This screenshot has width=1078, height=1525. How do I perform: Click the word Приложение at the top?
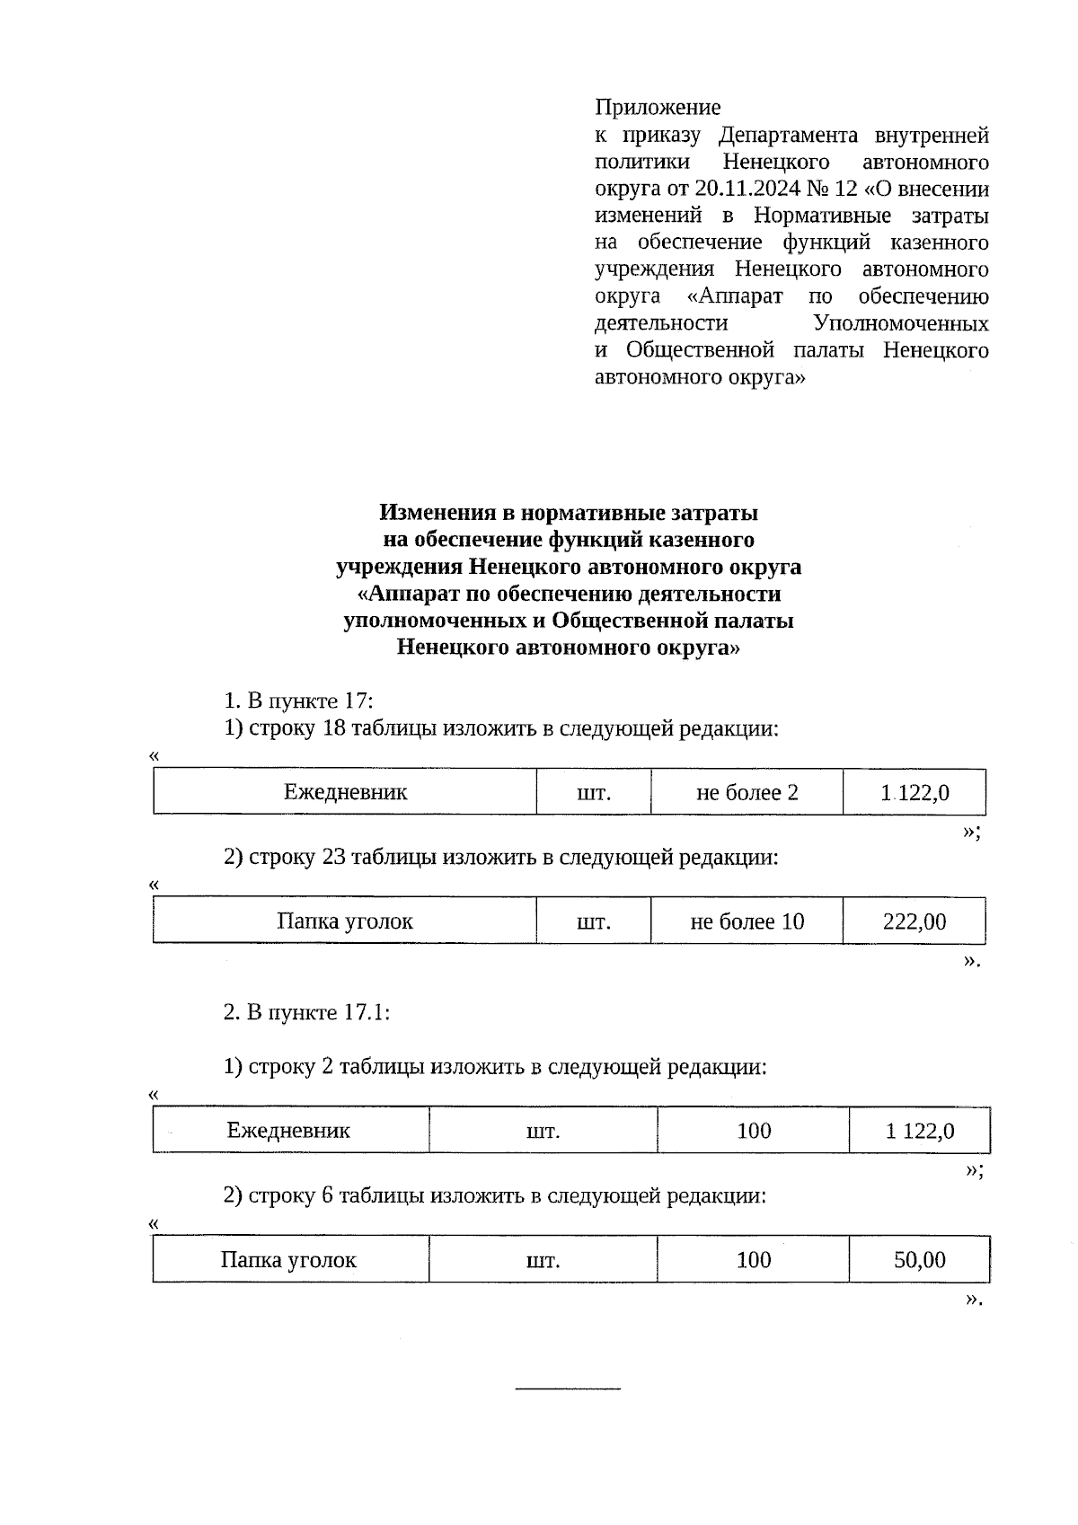(658, 108)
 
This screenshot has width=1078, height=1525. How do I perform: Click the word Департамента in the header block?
(789, 136)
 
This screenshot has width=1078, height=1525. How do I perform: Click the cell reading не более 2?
(747, 792)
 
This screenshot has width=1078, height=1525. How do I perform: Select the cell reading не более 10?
(747, 921)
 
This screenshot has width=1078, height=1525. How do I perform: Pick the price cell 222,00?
(915, 921)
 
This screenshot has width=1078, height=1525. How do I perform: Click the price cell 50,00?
(919, 1260)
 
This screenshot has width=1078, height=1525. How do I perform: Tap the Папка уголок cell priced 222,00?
(345, 921)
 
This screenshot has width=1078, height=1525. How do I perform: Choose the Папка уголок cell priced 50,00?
(288, 1260)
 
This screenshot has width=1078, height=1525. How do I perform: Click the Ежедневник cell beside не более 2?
(345, 792)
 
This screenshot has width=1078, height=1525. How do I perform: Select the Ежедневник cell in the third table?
(288, 1131)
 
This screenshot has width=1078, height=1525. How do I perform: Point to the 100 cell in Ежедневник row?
(754, 1131)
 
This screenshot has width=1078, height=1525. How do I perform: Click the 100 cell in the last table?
(754, 1260)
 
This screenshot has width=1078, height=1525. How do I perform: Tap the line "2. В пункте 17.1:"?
(306, 1012)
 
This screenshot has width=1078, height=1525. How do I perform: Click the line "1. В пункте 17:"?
(297, 701)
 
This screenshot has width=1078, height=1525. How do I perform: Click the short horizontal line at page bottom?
(568, 1389)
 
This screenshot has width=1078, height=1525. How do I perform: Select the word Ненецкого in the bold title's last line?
(455, 648)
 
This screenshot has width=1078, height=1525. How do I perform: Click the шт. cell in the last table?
(543, 1260)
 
